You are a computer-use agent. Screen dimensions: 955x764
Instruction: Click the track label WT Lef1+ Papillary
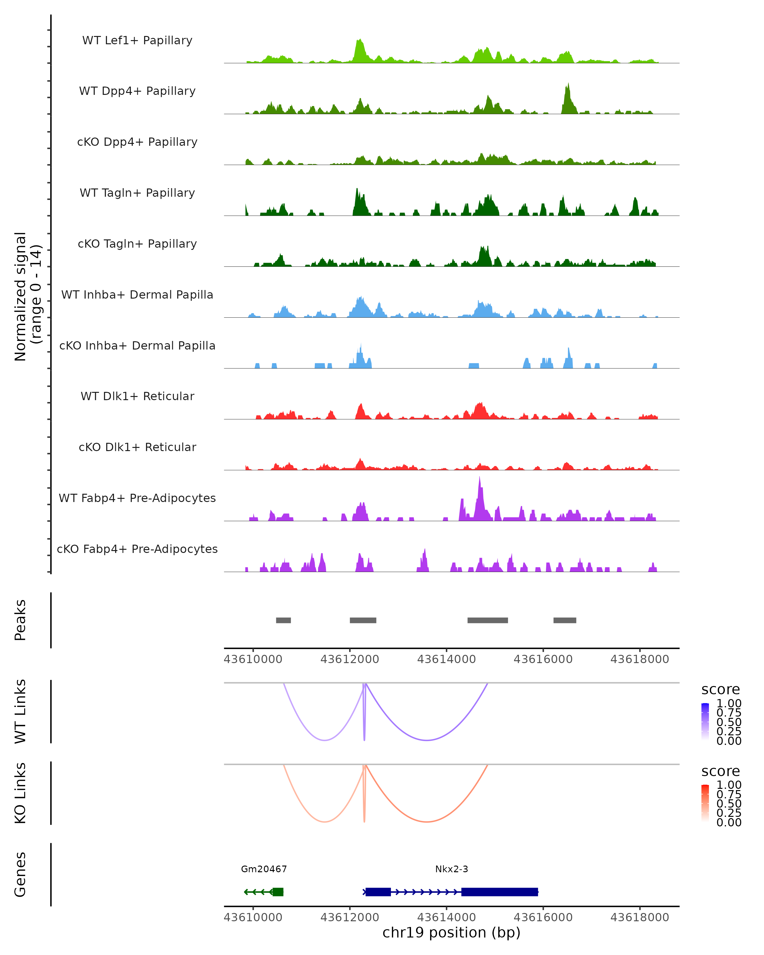point(137,40)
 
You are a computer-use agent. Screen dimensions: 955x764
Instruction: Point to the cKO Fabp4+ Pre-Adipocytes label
point(137,549)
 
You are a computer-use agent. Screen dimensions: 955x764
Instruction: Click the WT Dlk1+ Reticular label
point(137,396)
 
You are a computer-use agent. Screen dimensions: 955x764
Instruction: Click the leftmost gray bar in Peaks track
point(283,620)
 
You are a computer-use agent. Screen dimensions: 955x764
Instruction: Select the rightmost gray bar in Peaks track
point(565,620)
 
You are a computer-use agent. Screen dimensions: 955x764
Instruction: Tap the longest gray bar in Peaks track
point(488,620)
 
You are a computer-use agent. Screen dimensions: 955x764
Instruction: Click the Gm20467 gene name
point(264,869)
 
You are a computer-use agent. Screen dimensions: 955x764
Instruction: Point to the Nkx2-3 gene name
point(451,869)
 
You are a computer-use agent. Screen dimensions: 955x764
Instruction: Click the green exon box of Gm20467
point(278,892)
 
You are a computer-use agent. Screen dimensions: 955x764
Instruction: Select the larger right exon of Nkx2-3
point(499,892)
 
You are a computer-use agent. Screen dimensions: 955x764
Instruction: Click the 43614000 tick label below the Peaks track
point(446,659)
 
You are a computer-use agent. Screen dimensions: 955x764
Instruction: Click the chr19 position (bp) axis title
point(451,933)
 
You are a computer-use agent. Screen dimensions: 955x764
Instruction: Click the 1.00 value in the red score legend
point(729,785)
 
